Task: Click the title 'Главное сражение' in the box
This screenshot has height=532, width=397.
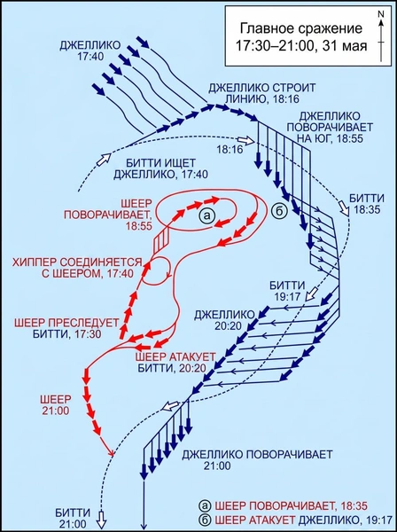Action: click(x=301, y=28)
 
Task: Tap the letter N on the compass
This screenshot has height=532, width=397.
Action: click(x=381, y=14)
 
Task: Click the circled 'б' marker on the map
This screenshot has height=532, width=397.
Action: click(x=280, y=211)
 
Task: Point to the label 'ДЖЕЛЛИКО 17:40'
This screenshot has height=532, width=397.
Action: click(x=90, y=51)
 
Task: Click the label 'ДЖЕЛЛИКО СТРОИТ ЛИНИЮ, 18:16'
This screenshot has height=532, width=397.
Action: click(x=261, y=93)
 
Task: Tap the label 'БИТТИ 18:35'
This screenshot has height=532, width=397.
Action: click(x=367, y=204)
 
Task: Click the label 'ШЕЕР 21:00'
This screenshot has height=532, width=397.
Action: click(x=56, y=404)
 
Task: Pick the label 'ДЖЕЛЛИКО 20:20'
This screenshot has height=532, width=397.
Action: click(x=224, y=320)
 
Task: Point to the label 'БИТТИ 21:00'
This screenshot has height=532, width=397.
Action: click(x=74, y=518)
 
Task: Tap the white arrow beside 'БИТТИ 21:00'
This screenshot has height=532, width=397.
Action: click(x=102, y=519)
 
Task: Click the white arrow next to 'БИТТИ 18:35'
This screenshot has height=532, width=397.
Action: click(x=345, y=208)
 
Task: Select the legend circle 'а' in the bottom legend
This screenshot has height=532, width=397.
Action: click(x=206, y=506)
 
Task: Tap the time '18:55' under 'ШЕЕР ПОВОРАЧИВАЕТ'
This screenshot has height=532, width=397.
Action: click(x=138, y=225)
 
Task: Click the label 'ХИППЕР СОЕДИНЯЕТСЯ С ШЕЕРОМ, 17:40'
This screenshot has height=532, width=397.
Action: click(x=76, y=268)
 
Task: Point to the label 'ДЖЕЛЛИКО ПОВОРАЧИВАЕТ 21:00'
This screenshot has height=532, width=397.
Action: click(x=257, y=459)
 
